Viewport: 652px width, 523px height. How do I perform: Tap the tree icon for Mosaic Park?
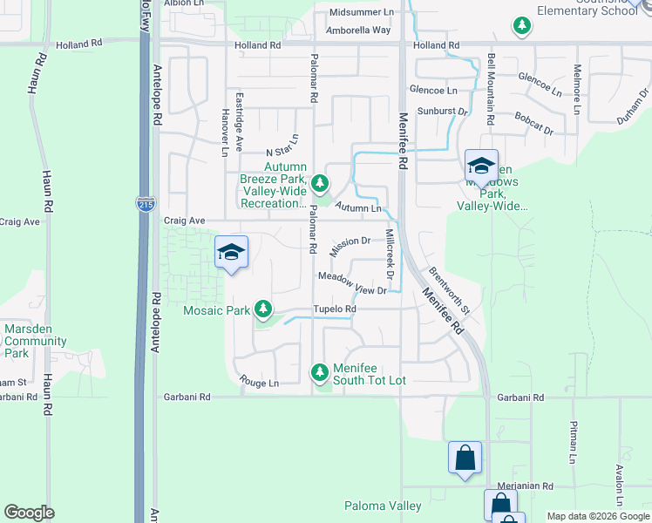[x=262, y=309]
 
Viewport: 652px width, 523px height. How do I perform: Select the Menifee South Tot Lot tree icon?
[x=320, y=373]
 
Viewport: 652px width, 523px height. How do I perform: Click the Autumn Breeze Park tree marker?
[x=321, y=183]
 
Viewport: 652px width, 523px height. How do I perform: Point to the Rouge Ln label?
[x=261, y=383]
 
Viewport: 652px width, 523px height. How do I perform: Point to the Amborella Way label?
[x=359, y=30]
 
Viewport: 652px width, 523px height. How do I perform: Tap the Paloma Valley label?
[x=383, y=506]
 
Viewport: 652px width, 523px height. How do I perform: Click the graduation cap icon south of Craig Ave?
[x=231, y=252]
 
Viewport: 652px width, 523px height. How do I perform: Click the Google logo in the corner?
[x=29, y=513]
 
